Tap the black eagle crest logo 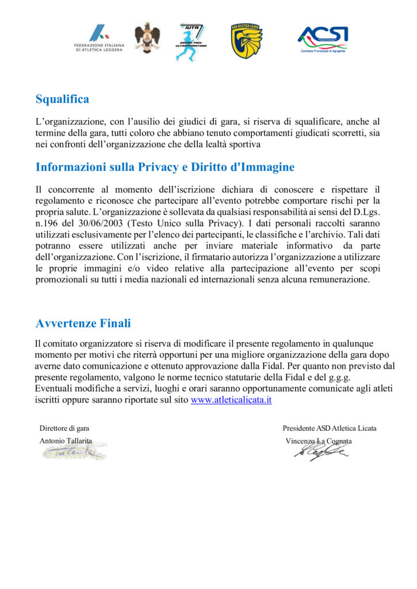pyautogui.click(x=147, y=38)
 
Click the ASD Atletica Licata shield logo pyautogui.click(x=247, y=41)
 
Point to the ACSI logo pyautogui.click(x=322, y=39)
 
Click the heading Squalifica pyautogui.click(x=62, y=100)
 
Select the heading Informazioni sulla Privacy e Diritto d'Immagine pyautogui.click(x=165, y=167)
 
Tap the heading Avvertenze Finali pyautogui.click(x=83, y=323)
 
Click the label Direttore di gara pyautogui.click(x=64, y=428)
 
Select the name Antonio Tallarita pyautogui.click(x=66, y=441)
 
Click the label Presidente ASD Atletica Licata pyautogui.click(x=330, y=428)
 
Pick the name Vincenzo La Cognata pyautogui.click(x=319, y=441)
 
